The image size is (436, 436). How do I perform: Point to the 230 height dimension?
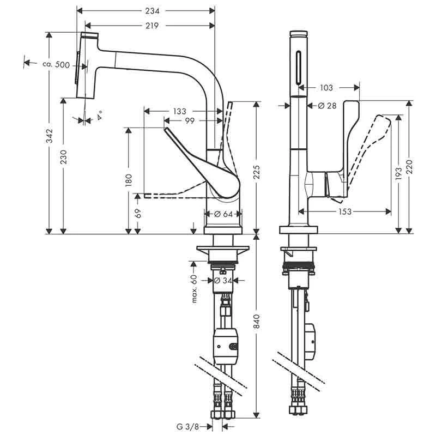(64, 158)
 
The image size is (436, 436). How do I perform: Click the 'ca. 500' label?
(56, 65)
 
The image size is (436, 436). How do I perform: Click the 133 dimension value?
(179, 111)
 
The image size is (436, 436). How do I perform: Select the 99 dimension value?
(190, 120)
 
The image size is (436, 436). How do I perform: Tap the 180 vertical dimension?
(128, 180)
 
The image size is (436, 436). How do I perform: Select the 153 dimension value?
(344, 211)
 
